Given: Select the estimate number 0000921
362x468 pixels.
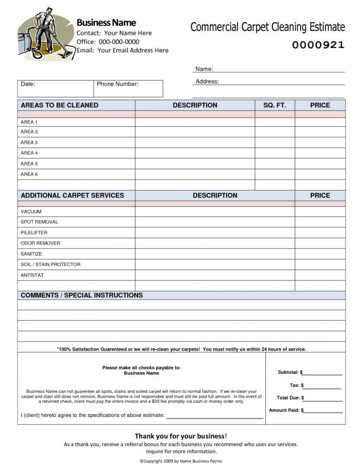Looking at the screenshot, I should click(318, 45).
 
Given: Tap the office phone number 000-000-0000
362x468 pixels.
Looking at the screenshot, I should click(119, 42).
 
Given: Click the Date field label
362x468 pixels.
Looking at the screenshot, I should click(28, 84).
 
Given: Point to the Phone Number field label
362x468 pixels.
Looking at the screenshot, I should click(117, 84).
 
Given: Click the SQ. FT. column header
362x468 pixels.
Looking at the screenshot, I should click(275, 105).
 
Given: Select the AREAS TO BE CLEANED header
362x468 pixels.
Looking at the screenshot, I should click(59, 105).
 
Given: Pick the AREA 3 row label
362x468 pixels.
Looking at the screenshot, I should click(29, 142).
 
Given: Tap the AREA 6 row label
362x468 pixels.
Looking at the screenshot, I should click(29, 174).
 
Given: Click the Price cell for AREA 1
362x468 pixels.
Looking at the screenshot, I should click(320, 123).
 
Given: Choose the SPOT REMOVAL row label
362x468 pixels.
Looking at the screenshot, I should click(40, 222).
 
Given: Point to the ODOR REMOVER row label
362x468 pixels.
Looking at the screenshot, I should click(41, 243).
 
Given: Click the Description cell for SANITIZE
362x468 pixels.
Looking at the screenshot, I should click(215, 254).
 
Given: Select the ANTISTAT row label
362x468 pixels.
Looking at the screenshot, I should click(32, 275).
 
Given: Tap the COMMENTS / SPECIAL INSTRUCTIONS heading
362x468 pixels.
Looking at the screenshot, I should click(82, 296).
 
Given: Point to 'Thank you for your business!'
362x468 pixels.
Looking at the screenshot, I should click(181, 436).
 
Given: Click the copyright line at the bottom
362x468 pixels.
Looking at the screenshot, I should click(181, 461).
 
